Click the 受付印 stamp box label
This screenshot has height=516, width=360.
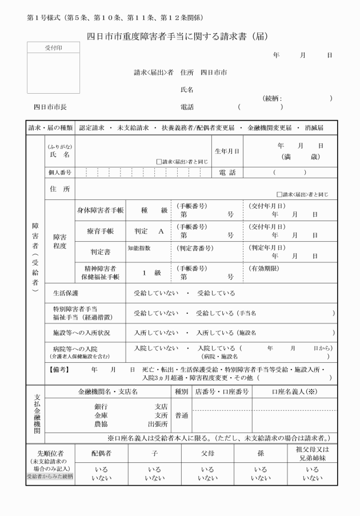click(54, 48)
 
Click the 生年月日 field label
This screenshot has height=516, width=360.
click(227, 151)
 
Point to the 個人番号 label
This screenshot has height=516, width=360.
click(59, 172)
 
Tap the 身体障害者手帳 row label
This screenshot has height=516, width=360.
click(100, 210)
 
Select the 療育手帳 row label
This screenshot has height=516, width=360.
click(100, 231)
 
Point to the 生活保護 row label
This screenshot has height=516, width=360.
click(65, 293)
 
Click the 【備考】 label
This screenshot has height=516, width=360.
click(59, 370)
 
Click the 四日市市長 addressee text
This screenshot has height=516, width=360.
click(50, 107)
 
